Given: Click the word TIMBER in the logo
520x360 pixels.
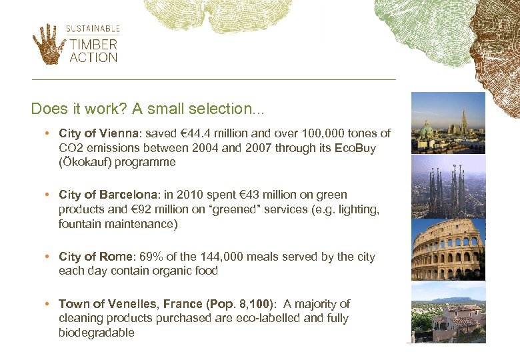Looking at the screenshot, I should [93, 45].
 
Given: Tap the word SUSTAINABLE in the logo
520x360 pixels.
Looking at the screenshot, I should [93, 29].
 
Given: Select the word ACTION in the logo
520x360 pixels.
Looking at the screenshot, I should [93, 57].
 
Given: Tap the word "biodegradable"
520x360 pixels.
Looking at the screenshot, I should [96, 333].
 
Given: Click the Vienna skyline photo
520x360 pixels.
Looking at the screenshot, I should [448, 123].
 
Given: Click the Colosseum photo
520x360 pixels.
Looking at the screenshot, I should [448, 249].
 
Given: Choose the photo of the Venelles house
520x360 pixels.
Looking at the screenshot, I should [448, 313].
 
